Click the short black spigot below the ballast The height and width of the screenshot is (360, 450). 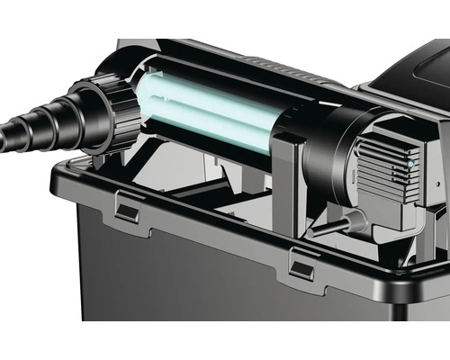click(x=329, y=229)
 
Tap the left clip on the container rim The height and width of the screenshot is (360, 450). click(x=128, y=213)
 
